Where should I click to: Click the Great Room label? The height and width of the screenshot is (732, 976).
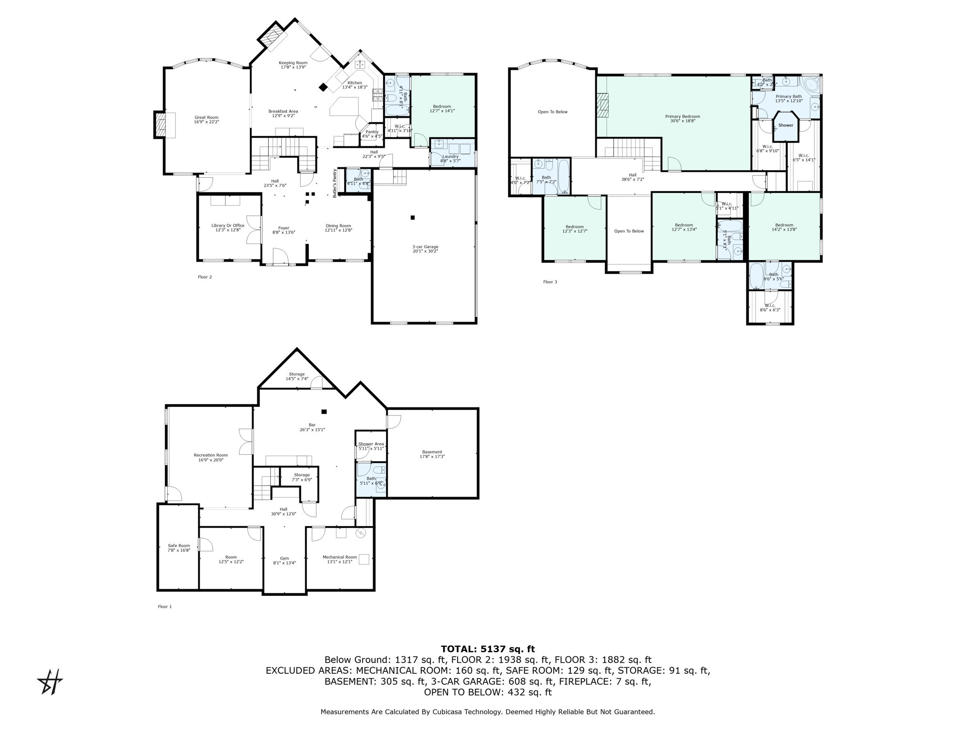[206, 117]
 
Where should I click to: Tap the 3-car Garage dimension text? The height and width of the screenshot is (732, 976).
[425, 251]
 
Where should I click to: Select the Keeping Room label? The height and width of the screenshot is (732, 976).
[293, 63]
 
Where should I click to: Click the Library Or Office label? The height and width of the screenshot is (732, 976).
[228, 225]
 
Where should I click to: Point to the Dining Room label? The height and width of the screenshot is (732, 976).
[338, 226]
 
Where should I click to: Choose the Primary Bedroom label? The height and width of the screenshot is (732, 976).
[682, 116]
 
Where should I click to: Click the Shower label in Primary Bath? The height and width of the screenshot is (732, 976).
[786, 125]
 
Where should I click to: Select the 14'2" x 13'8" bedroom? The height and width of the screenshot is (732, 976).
[784, 227]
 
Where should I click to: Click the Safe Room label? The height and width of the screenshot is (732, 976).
[179, 546]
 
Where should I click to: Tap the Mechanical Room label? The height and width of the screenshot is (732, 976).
[339, 557]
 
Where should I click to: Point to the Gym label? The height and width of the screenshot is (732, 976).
[284, 558]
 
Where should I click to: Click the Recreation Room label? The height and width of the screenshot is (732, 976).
[211, 455]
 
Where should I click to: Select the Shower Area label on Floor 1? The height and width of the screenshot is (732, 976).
[371, 444]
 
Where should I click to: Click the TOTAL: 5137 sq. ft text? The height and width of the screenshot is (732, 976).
[488, 649]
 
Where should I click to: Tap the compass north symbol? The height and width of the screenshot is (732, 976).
[50, 682]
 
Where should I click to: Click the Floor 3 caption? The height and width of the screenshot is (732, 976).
[550, 282]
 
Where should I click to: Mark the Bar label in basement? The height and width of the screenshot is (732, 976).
[312, 425]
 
